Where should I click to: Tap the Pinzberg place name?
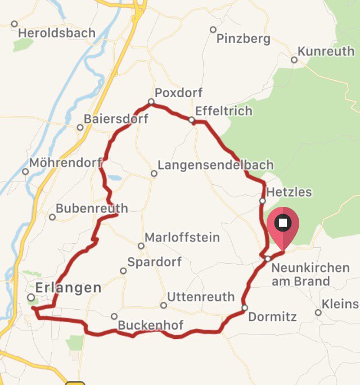[244, 39]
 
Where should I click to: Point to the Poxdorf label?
[178, 93]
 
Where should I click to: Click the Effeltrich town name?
[223, 111]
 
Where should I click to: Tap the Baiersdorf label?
[116, 119]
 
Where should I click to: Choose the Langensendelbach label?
[215, 165]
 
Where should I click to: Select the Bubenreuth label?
[92, 209]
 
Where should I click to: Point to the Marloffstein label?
[182, 238]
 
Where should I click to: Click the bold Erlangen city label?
[69, 288]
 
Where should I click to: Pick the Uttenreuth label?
[201, 297]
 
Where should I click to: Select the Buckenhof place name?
[150, 325]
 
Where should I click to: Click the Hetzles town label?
[289, 192]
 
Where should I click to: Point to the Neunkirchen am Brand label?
[310, 274]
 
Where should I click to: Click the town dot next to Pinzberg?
[213, 30]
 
